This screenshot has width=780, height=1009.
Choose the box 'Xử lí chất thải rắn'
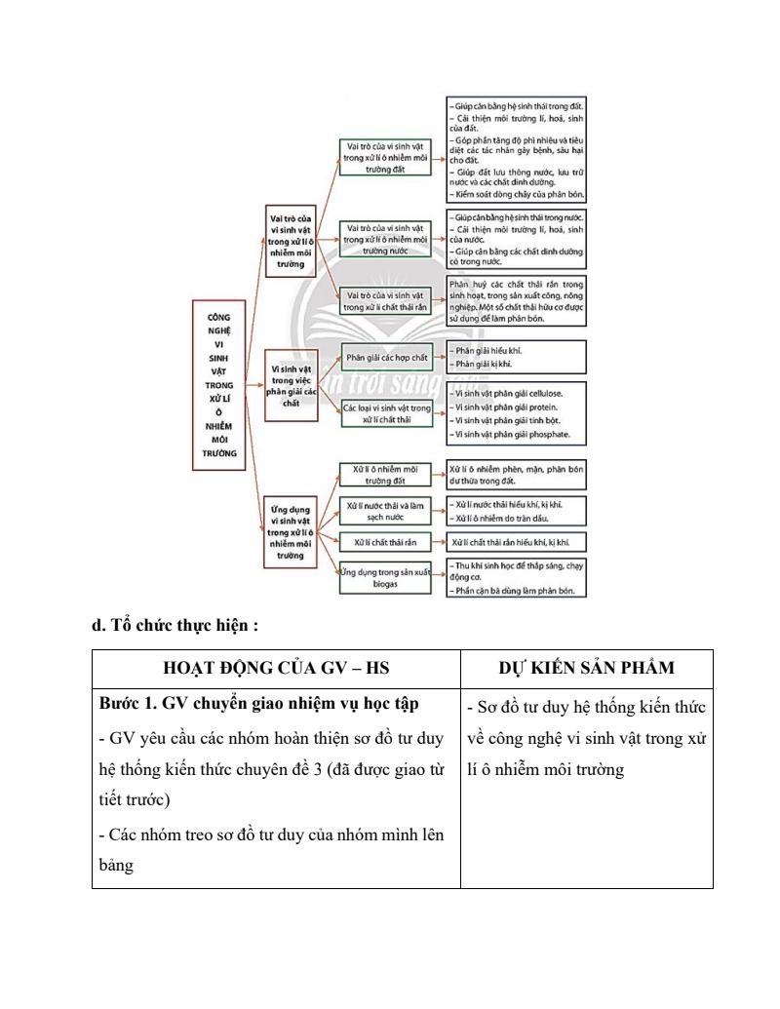point(386,541)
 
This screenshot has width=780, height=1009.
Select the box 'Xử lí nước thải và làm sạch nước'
point(384,511)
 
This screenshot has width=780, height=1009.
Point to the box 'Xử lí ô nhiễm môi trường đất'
point(384,475)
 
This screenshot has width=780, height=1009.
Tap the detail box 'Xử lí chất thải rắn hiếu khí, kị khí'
point(517,542)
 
